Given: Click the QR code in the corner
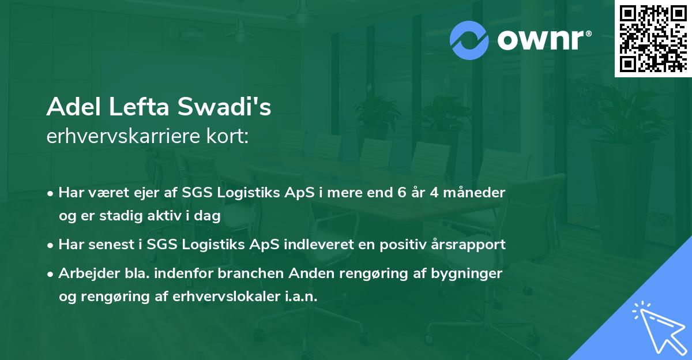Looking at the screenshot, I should (653, 39).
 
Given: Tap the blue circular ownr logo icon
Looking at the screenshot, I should (469, 40).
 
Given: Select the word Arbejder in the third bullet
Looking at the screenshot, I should (85, 273).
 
